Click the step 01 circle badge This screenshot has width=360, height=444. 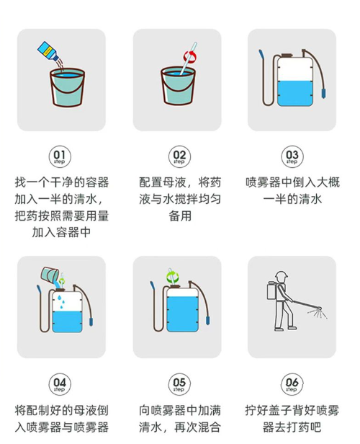click(x=60, y=156)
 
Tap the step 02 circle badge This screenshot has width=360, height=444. click(x=179, y=156)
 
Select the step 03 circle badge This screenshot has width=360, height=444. click(x=292, y=156)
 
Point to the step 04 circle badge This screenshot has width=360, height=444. click(x=60, y=383)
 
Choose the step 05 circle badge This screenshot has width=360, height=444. click(x=179, y=383)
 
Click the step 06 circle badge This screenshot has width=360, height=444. click(x=292, y=383)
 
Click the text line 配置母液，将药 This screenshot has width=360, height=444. click(x=179, y=182)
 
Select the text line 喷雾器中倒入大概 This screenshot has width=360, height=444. click(x=292, y=182)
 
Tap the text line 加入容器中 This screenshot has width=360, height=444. click(x=60, y=233)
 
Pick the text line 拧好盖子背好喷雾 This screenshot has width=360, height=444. click(x=292, y=410)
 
